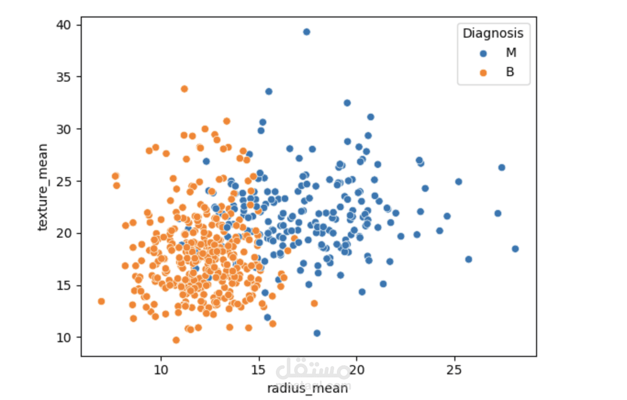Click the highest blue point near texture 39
point(307,32)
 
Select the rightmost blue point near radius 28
point(515,249)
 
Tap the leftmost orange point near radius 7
point(101,301)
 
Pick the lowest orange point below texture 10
point(176,340)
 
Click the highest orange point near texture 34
point(185,89)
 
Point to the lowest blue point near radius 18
point(317,333)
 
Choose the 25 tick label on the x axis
point(454,370)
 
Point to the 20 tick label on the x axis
point(357,370)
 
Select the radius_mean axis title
point(308,388)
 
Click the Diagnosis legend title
point(493,33)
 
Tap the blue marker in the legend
point(483,53)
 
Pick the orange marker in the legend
point(483,72)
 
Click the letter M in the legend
point(511,53)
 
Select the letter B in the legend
point(510,72)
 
